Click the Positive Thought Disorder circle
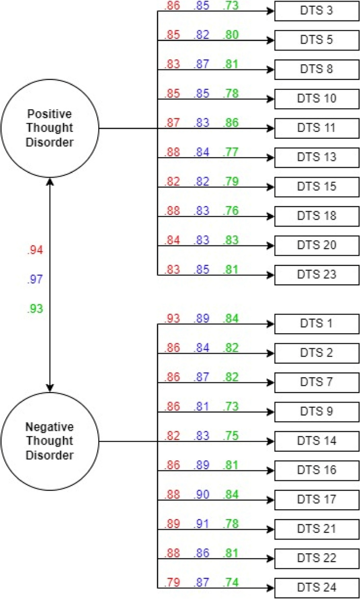tap(50, 128)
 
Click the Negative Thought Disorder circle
tap(50, 441)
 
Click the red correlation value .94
tap(35, 251)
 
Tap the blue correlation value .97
tap(35, 280)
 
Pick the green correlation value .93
tap(35, 309)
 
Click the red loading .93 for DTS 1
tap(172, 318)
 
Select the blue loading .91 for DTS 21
tap(202, 523)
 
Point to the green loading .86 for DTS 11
tap(231, 122)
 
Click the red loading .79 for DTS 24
tap(172, 582)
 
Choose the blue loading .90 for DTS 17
tap(202, 494)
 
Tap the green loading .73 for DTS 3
tap(231, 5)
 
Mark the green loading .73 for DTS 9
tap(231, 406)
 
